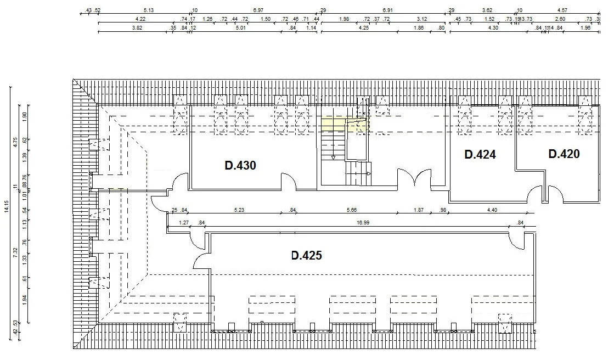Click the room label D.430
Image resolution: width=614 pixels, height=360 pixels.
(240, 165)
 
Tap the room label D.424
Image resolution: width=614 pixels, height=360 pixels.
(480, 155)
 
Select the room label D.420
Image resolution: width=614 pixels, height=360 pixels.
(564, 154)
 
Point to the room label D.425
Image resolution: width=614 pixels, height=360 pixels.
(306, 255)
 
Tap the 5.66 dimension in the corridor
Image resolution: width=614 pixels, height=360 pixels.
(352, 210)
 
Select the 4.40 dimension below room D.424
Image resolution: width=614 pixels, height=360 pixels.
(492, 210)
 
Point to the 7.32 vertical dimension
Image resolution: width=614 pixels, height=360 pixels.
(16, 253)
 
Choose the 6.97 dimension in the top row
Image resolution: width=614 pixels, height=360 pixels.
(258, 10)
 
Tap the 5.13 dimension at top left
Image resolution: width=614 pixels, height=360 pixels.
(148, 10)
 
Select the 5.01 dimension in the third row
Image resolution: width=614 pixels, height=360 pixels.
(240, 27)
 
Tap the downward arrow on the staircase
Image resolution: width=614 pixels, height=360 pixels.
(333, 157)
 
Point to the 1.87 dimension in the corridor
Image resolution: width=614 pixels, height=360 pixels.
(419, 210)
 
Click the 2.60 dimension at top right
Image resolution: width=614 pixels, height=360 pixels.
(560, 19)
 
